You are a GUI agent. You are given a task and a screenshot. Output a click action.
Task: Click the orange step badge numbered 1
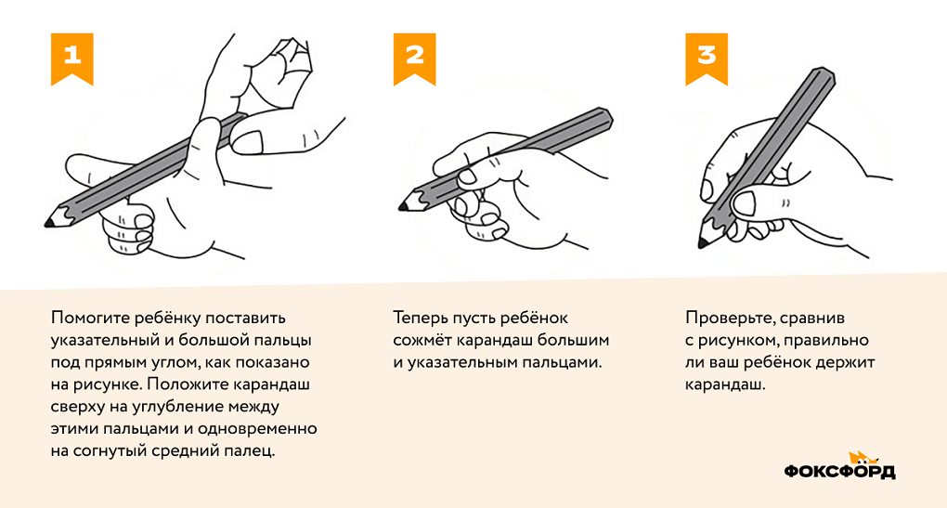point(71,55)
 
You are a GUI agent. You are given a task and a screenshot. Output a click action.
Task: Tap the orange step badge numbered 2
point(414,55)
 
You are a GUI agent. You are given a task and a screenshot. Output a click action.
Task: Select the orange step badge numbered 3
point(707,55)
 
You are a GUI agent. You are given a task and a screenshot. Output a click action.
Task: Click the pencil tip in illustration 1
point(48,223)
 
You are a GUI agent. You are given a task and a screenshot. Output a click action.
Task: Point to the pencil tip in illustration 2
point(403,203)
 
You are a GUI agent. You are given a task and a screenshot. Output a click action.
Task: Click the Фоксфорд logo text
point(839,472)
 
